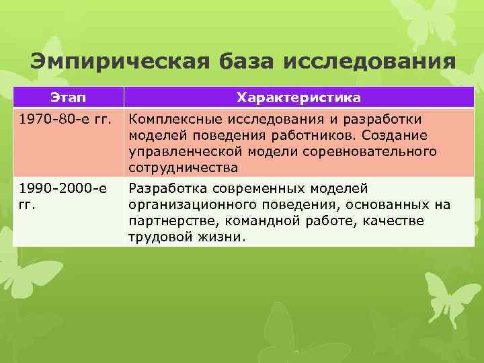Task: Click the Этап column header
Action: [x=67, y=98]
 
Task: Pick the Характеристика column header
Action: [x=298, y=98]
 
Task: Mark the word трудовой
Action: [x=158, y=237]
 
